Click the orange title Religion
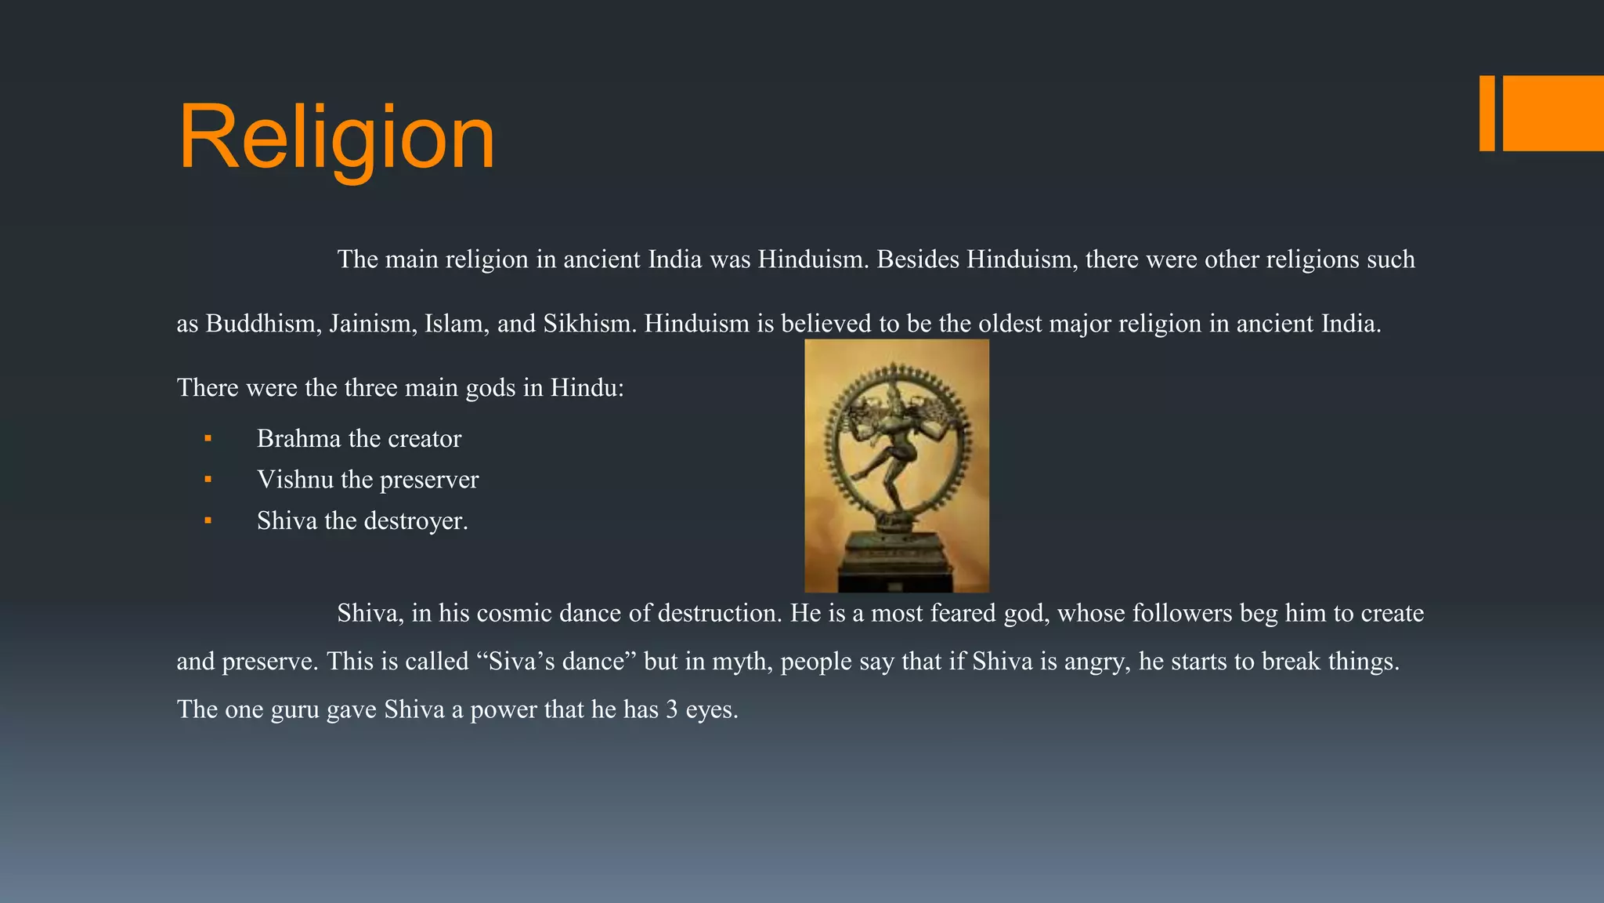click(337, 138)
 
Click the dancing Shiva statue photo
click(897, 466)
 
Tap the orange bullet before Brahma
click(208, 439)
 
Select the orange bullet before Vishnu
click(208, 480)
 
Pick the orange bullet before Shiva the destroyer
click(208, 520)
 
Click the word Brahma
click(298, 439)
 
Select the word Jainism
click(372, 324)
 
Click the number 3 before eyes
click(671, 710)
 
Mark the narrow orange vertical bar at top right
click(1487, 113)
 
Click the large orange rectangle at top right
click(1553, 113)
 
